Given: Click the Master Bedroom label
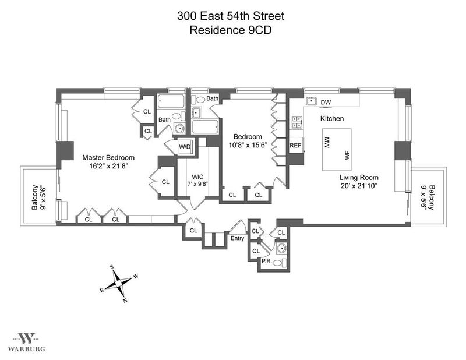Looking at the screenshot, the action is tap(108, 157).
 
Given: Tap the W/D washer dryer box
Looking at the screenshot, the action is tap(185, 146).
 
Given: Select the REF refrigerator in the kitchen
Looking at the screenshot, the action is tap(295, 146).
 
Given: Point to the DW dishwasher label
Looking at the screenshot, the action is tap(326, 103).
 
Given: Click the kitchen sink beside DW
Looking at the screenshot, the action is tap(311, 101).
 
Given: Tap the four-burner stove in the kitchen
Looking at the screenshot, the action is tap(297, 122).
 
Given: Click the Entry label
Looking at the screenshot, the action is tap(237, 238).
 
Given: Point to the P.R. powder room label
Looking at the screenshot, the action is tap(266, 262).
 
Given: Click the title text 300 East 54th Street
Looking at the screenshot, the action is tap(231, 16).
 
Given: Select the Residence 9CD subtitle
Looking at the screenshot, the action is tap(231, 30).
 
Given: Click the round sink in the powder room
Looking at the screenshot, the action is tap(281, 248).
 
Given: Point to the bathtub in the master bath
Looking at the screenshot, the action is tap(171, 101).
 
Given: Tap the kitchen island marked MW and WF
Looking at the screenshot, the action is tap(337, 150).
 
